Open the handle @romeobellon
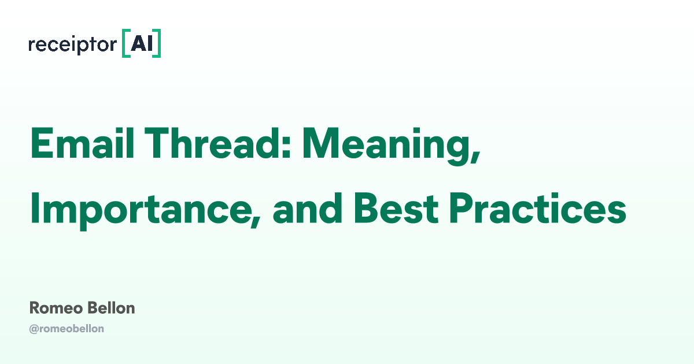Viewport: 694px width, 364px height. [67, 329]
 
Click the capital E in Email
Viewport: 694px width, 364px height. [40, 144]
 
